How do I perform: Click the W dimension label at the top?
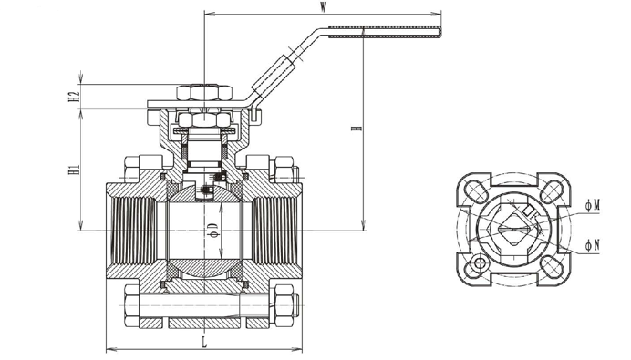323,7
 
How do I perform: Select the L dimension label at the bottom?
204,343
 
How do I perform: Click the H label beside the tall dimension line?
357,129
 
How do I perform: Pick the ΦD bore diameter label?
213,230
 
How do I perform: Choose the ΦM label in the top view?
593,206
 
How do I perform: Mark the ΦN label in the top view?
593,244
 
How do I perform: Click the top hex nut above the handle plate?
204,92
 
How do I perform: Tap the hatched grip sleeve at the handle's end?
385,32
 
